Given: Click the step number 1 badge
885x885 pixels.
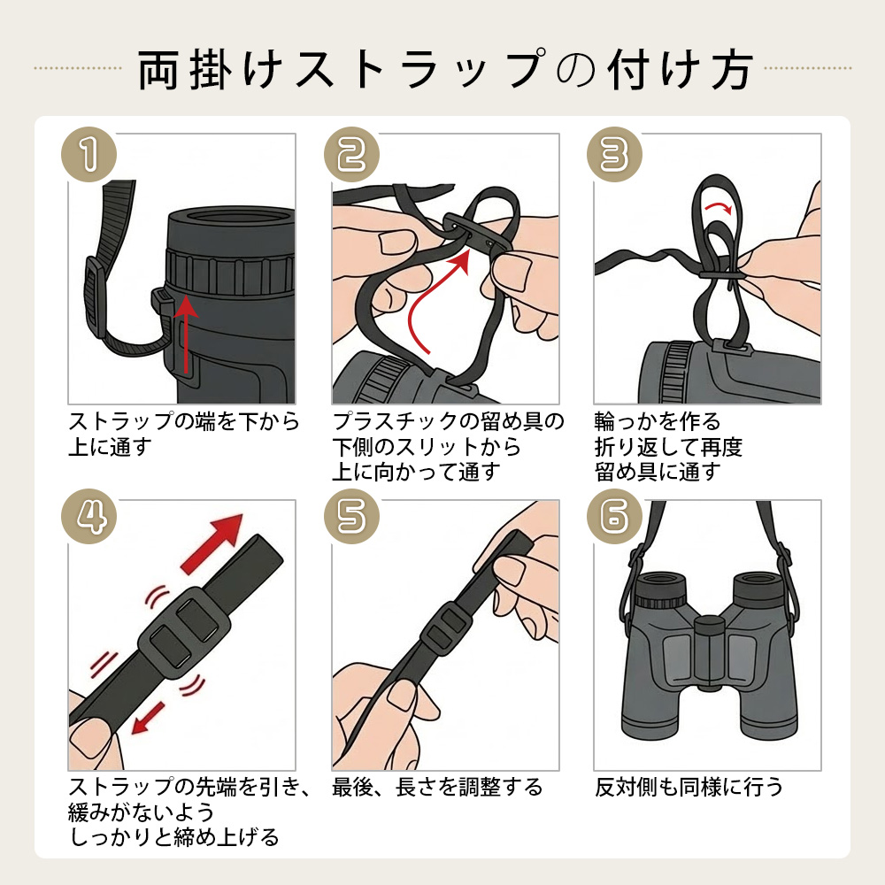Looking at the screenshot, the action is (x=88, y=155).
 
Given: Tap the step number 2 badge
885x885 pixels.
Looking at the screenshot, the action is (x=351, y=155).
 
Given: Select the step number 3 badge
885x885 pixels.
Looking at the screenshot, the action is (x=615, y=155).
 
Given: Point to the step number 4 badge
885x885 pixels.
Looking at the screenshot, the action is (x=88, y=517).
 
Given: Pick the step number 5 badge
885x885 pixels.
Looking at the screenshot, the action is (x=351, y=517).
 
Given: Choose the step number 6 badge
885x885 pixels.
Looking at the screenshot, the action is (x=615, y=517).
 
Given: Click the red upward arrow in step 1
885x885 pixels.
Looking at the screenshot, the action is (x=186, y=335).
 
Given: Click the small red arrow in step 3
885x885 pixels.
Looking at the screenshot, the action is (x=719, y=207).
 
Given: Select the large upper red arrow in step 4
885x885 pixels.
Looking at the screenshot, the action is (x=212, y=543).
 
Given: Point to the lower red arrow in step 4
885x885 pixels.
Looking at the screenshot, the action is (x=147, y=719).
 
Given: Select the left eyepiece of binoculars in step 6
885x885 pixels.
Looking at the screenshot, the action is (x=661, y=589).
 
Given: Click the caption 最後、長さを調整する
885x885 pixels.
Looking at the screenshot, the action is (x=437, y=787).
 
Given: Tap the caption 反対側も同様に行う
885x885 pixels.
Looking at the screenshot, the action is (x=689, y=787).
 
